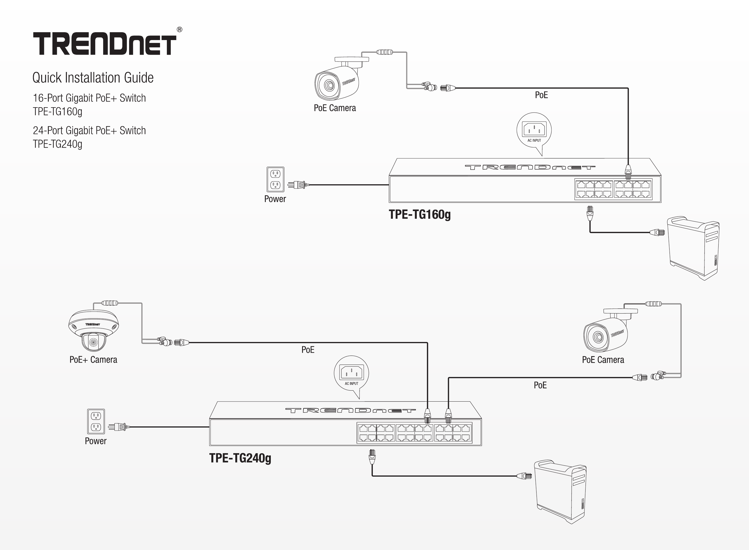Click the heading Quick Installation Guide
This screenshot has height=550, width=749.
93,78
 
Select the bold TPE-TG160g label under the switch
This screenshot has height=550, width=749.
420,214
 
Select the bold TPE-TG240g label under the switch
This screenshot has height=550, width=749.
240,458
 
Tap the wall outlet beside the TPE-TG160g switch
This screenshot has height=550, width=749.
275,179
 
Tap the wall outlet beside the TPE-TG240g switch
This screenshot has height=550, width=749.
96,422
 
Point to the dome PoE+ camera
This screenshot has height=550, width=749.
94,330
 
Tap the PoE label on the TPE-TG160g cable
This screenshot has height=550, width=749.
541,95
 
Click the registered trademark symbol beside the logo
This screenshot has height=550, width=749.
179,30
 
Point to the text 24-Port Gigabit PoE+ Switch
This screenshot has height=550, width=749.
89,130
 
